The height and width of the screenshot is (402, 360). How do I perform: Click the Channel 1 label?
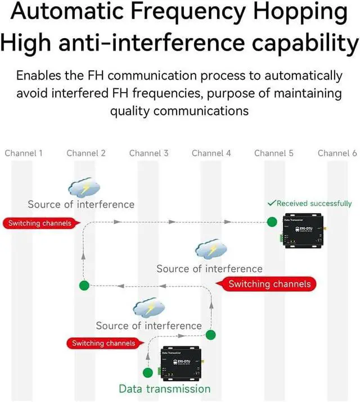24,153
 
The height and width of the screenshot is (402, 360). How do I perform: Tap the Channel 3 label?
148,153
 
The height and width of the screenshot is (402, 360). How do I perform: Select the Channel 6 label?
337,153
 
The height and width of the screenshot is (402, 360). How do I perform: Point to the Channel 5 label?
274,153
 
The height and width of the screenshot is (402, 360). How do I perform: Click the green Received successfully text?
314,204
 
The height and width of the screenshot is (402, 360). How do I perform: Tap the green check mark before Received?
271,203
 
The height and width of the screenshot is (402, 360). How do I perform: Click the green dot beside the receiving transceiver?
272,222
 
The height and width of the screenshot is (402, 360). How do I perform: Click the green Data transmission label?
164,389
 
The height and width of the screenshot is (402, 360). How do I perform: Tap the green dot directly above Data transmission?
148,372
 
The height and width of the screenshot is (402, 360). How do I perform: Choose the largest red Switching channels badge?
269,284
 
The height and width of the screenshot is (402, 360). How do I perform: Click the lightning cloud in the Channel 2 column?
84,188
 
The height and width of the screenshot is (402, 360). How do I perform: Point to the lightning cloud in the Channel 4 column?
210,249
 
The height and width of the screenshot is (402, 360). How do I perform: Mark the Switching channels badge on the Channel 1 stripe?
39,223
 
